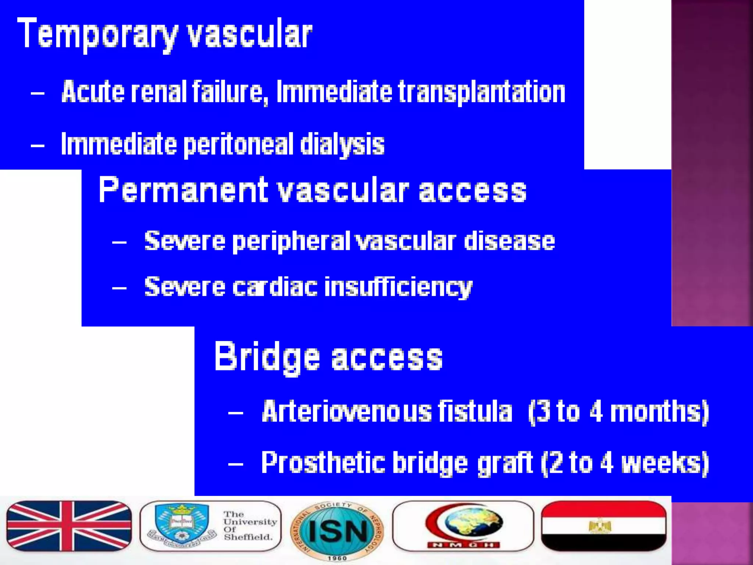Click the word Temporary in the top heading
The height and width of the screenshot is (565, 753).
(x=97, y=34)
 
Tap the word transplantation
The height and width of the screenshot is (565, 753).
(x=482, y=92)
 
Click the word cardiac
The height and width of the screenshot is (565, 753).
(x=275, y=287)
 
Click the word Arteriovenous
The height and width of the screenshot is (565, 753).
(x=347, y=411)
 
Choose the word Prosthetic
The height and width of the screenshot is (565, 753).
(x=323, y=463)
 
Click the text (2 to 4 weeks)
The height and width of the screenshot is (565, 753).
(x=625, y=463)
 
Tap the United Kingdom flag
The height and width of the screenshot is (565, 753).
(x=69, y=526)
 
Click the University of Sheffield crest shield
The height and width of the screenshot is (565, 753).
(x=181, y=522)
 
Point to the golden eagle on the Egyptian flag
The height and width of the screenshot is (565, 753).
(x=600, y=526)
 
